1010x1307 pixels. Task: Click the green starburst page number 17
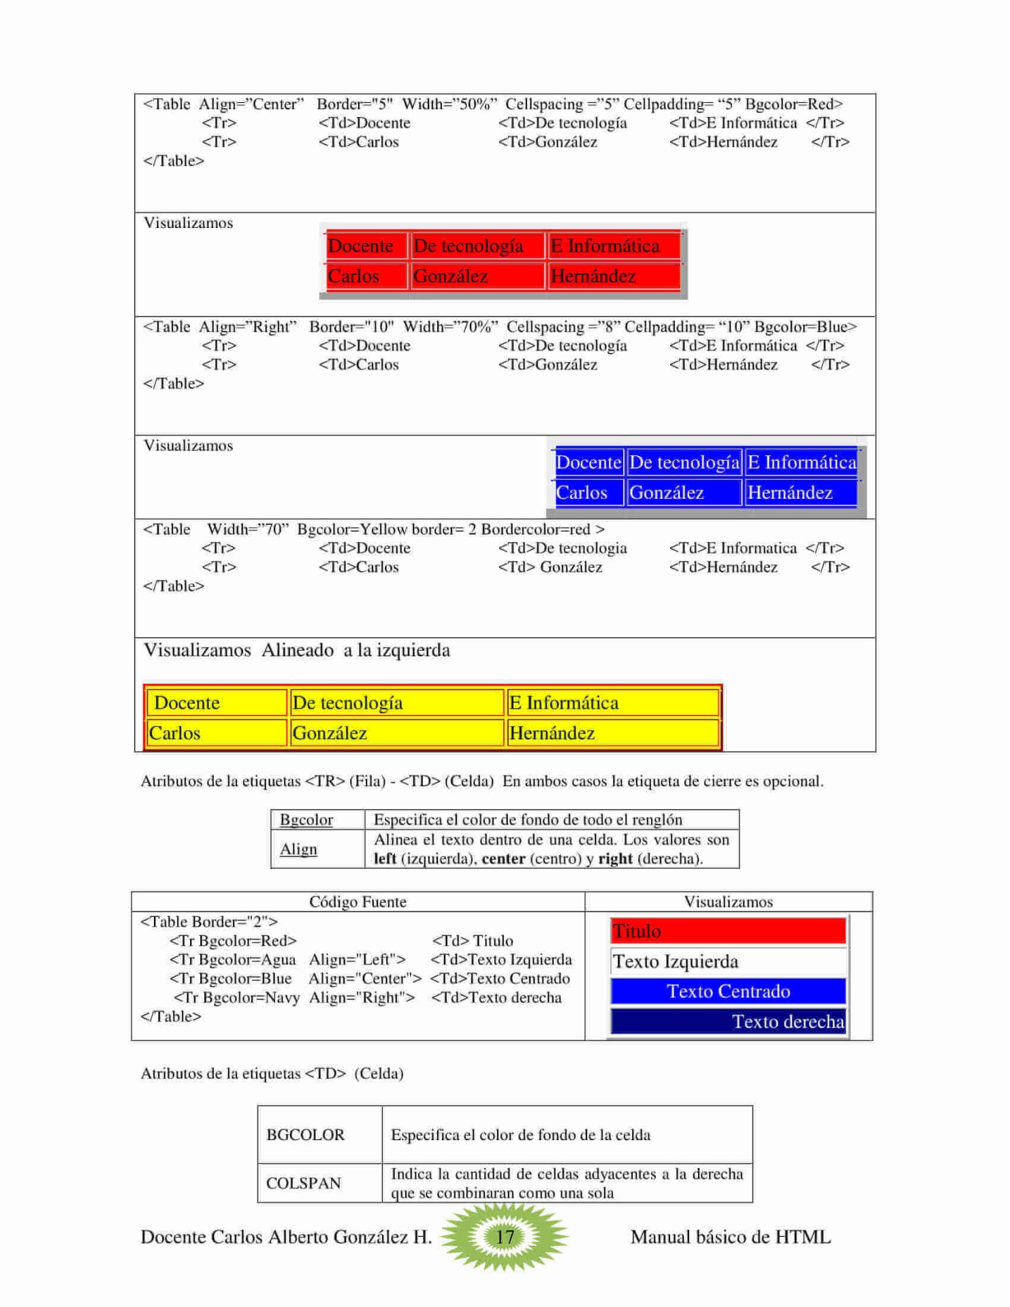[504, 1236]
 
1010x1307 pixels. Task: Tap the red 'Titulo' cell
[728, 931]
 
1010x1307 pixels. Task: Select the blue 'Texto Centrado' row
[728, 991]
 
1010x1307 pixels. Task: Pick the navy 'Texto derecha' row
[728, 1021]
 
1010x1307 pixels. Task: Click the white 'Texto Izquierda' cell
[728, 961]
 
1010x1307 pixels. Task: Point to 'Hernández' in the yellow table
[552, 733]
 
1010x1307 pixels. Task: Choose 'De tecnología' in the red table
[469, 246]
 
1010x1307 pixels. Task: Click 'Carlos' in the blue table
[582, 492]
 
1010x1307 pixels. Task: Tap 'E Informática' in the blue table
[802, 462]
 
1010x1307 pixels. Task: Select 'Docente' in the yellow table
[187, 703]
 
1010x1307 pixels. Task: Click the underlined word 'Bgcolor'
[306, 820]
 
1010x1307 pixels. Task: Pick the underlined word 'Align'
[298, 849]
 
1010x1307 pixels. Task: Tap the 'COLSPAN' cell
[304, 1183]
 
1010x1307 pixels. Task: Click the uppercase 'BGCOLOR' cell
[306, 1135]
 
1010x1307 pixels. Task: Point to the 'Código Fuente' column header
[358, 901]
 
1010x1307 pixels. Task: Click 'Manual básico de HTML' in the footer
[730, 1237]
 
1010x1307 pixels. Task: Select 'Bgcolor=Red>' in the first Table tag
[793, 104]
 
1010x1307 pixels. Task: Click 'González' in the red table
[451, 276]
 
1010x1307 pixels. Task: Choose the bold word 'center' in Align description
[503, 858]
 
